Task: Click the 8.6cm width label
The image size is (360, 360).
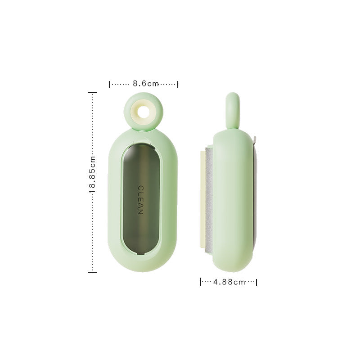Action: click(x=146, y=84)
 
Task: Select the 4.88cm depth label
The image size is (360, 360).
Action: click(x=229, y=282)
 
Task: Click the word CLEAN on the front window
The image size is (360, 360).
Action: click(x=140, y=199)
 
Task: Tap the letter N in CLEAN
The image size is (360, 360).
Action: click(x=140, y=211)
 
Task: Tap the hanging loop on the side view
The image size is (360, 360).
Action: click(x=232, y=108)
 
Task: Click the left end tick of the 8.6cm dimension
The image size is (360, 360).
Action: click(x=110, y=84)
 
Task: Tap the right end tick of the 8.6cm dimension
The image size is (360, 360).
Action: click(x=178, y=84)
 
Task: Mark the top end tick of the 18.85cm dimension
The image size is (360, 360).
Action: click(x=92, y=93)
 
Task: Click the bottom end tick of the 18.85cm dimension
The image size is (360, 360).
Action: click(x=92, y=272)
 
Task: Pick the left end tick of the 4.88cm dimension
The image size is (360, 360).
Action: click(x=201, y=282)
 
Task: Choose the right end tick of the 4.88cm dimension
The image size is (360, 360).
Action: click(x=256, y=282)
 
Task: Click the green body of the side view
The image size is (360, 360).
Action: click(x=234, y=202)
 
